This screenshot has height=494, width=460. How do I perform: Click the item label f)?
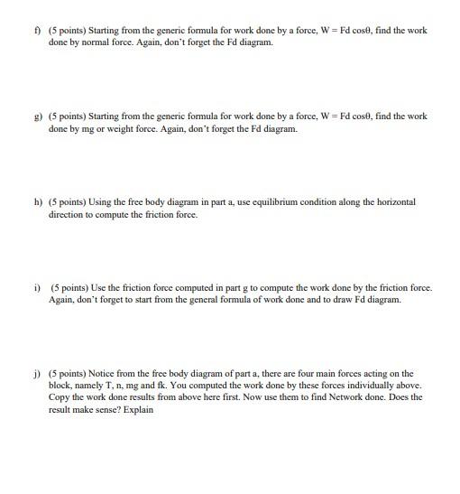[38, 30]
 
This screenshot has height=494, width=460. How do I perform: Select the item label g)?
[37, 117]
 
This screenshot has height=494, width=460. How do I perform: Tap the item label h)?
[37, 202]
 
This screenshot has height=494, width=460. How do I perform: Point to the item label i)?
[37, 288]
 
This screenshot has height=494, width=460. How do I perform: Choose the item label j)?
[37, 373]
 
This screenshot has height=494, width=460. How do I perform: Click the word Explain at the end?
[139, 409]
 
